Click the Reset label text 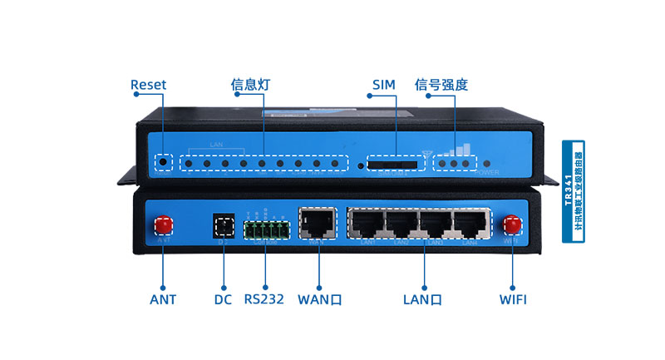148,85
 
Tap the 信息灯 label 251,85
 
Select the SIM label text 384,85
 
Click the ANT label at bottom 163,299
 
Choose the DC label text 223,299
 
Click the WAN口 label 320,299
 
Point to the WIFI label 513,299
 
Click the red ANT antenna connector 164,224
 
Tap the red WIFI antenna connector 512,224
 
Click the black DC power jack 223,224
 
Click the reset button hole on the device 164,163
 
